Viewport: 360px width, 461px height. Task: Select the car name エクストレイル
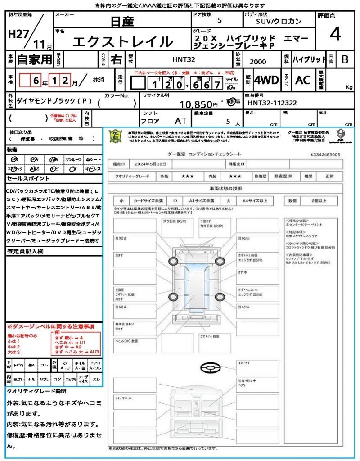click(x=123, y=42)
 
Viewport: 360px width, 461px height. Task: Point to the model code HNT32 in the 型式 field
click(x=184, y=59)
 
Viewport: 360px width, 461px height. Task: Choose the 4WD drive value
click(x=266, y=80)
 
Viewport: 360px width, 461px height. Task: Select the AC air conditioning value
click(x=303, y=80)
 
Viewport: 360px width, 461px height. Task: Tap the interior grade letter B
click(x=345, y=59)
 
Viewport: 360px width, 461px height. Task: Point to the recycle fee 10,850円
click(x=199, y=105)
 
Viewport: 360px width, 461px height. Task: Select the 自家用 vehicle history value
click(x=34, y=59)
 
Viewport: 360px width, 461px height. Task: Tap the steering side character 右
click(x=117, y=59)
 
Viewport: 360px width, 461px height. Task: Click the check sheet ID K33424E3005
click(x=325, y=154)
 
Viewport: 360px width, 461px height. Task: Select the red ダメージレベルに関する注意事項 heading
click(x=50, y=326)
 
